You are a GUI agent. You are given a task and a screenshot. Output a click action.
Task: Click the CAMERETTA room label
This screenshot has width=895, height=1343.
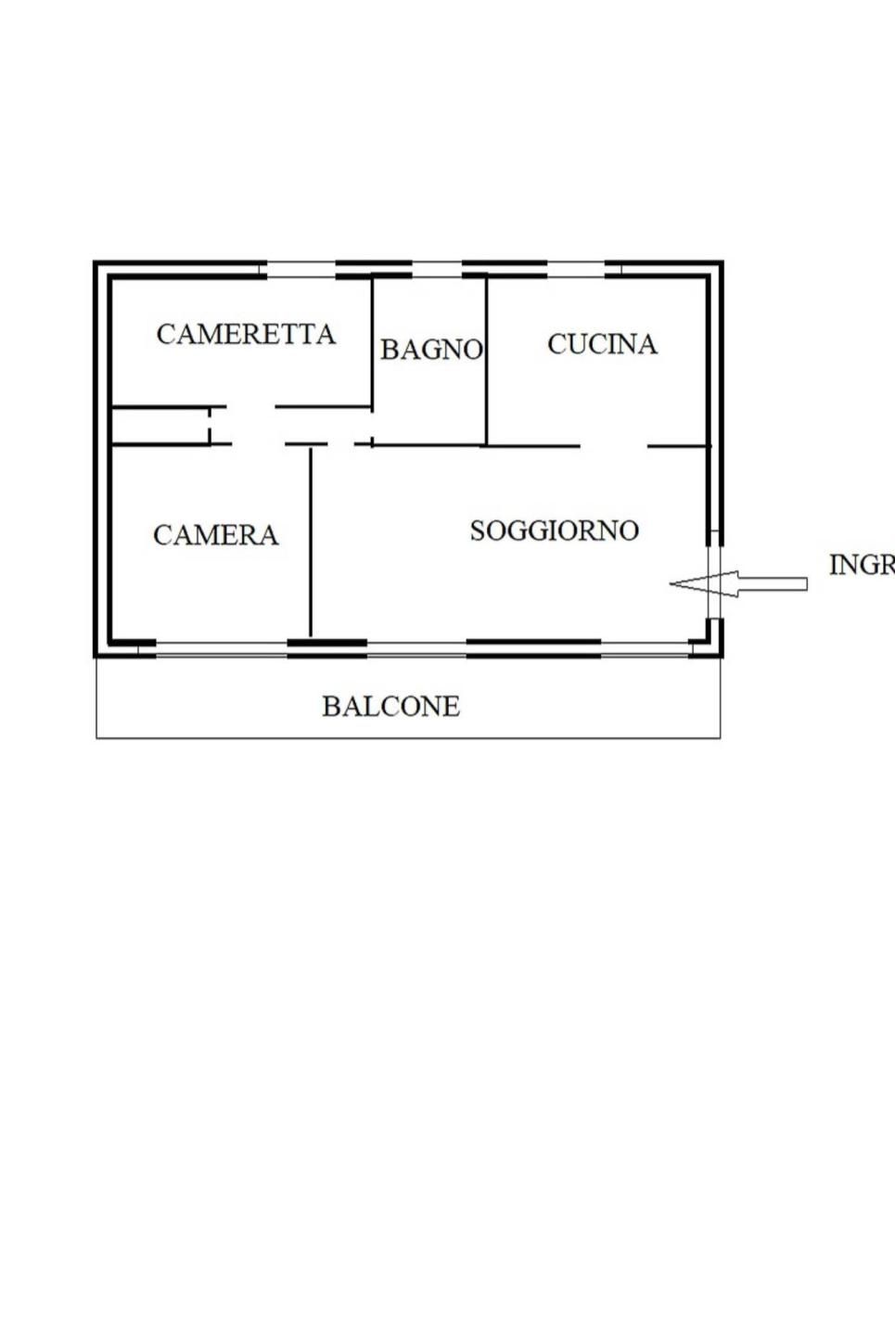click(246, 334)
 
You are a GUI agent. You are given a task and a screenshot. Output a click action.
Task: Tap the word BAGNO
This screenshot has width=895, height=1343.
click(431, 350)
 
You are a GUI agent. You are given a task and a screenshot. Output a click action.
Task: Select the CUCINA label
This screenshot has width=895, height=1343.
click(602, 344)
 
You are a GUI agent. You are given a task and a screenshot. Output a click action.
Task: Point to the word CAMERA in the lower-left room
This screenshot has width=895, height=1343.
click(215, 535)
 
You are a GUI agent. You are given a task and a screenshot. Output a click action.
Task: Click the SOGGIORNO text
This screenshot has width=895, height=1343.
click(554, 531)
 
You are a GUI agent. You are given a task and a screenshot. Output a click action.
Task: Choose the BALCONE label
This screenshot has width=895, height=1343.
click(390, 707)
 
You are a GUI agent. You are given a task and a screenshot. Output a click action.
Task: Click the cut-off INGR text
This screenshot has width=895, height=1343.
click(861, 564)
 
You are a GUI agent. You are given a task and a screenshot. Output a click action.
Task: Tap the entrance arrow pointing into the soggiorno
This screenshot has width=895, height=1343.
click(737, 583)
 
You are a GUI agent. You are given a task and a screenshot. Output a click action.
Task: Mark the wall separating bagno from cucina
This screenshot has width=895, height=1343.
click(487, 362)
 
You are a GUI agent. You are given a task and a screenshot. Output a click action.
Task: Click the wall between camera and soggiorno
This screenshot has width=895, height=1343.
click(311, 543)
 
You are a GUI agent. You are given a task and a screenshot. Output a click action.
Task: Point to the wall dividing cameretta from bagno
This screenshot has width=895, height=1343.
click(372, 343)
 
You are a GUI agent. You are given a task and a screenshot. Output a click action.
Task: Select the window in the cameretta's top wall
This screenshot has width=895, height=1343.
click(300, 270)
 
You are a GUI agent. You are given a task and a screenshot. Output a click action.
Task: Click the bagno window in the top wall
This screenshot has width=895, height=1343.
click(436, 270)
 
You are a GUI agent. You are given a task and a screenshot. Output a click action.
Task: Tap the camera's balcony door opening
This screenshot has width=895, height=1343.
click(221, 648)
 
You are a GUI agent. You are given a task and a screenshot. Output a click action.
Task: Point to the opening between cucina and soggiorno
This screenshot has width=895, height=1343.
click(613, 446)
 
